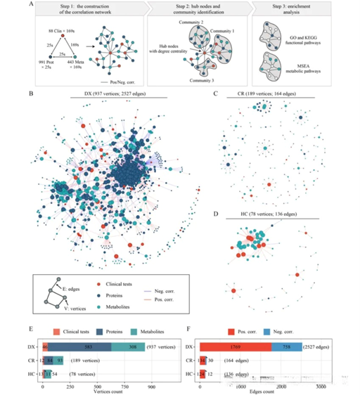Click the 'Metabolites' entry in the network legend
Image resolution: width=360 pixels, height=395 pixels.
(126, 306)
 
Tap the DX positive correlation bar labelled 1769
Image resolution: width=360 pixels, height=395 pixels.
(235, 347)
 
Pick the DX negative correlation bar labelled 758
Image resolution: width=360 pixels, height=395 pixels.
(286, 347)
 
